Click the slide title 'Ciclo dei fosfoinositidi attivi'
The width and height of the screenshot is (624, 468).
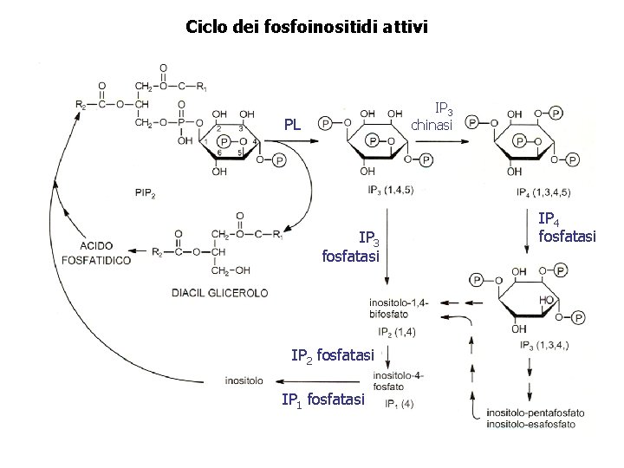pyautogui.click(x=306, y=27)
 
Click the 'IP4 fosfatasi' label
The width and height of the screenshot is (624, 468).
pyautogui.click(x=567, y=228)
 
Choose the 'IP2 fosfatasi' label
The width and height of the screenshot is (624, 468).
pyautogui.click(x=333, y=354)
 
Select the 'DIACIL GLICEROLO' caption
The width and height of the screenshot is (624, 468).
pyautogui.click(x=220, y=292)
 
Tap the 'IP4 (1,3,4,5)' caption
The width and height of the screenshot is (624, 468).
pyautogui.click(x=543, y=191)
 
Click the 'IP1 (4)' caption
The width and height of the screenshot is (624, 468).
pyautogui.click(x=395, y=403)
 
